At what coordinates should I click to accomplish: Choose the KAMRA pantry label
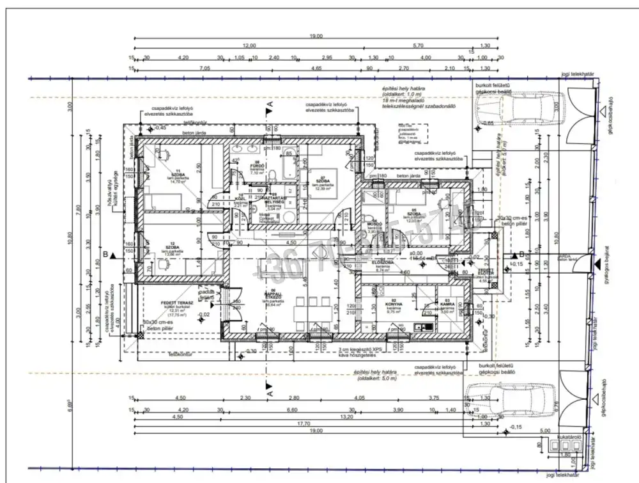[x=449, y=304]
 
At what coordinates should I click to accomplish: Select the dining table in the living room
[x=314, y=314]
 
